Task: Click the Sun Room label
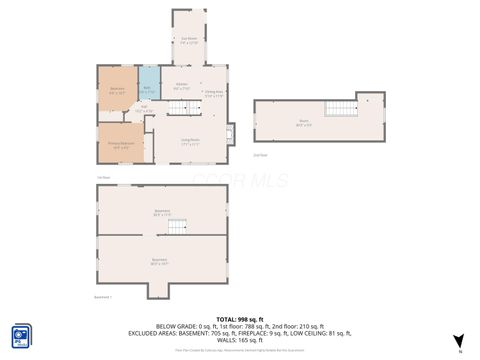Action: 189,41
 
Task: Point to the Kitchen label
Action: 182,86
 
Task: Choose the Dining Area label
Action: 214,93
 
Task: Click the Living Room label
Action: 190,141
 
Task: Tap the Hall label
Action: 144,108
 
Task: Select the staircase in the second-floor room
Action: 343,109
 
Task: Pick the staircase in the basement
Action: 177,226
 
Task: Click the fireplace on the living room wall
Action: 231,131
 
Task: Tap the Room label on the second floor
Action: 304,122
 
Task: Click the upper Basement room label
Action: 162,211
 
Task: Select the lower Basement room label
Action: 159,261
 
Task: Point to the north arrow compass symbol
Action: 459,341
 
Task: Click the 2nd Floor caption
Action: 260,155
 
